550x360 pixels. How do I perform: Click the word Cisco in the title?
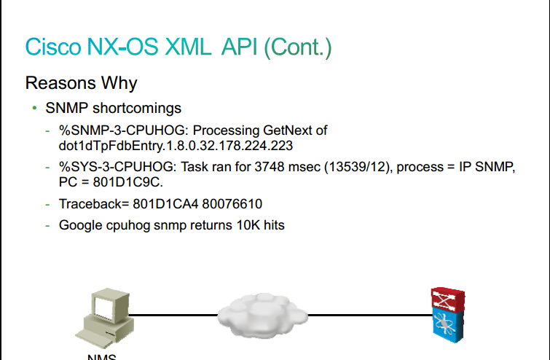(53, 47)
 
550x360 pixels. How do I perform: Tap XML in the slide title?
(188, 47)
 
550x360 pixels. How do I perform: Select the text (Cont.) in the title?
(298, 48)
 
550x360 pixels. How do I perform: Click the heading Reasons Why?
(81, 84)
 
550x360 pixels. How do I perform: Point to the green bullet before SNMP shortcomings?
(34, 108)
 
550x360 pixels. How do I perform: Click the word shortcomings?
(137, 109)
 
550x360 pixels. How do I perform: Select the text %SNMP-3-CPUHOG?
(124, 130)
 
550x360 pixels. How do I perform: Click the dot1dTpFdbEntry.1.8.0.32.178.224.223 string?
(176, 146)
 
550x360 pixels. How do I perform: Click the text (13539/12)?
(357, 167)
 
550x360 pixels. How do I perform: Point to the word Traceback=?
(94, 204)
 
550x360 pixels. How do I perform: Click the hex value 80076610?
(232, 204)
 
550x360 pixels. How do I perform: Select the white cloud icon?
(263, 315)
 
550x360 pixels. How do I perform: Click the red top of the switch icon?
(448, 298)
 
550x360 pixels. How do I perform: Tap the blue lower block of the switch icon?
(448, 324)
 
